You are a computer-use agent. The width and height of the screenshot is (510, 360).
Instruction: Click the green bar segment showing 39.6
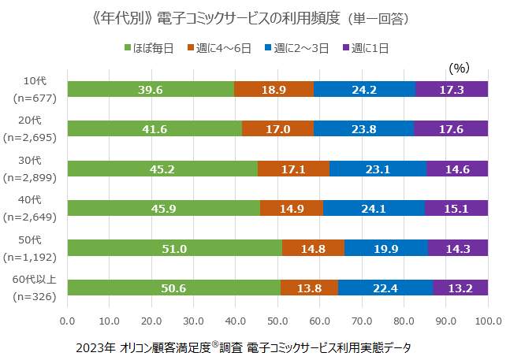[151, 89]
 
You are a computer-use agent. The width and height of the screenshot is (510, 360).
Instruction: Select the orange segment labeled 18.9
[274, 89]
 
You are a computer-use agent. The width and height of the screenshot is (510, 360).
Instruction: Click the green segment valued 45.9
[163, 208]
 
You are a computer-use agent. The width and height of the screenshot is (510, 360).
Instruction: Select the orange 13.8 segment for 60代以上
[309, 288]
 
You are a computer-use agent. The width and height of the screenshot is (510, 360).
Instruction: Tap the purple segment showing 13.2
[460, 288]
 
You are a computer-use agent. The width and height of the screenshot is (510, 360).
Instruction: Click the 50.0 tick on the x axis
[277, 321]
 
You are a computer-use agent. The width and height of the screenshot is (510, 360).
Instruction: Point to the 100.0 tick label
[488, 321]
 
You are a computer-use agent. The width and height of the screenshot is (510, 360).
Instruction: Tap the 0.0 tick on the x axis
[68, 321]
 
